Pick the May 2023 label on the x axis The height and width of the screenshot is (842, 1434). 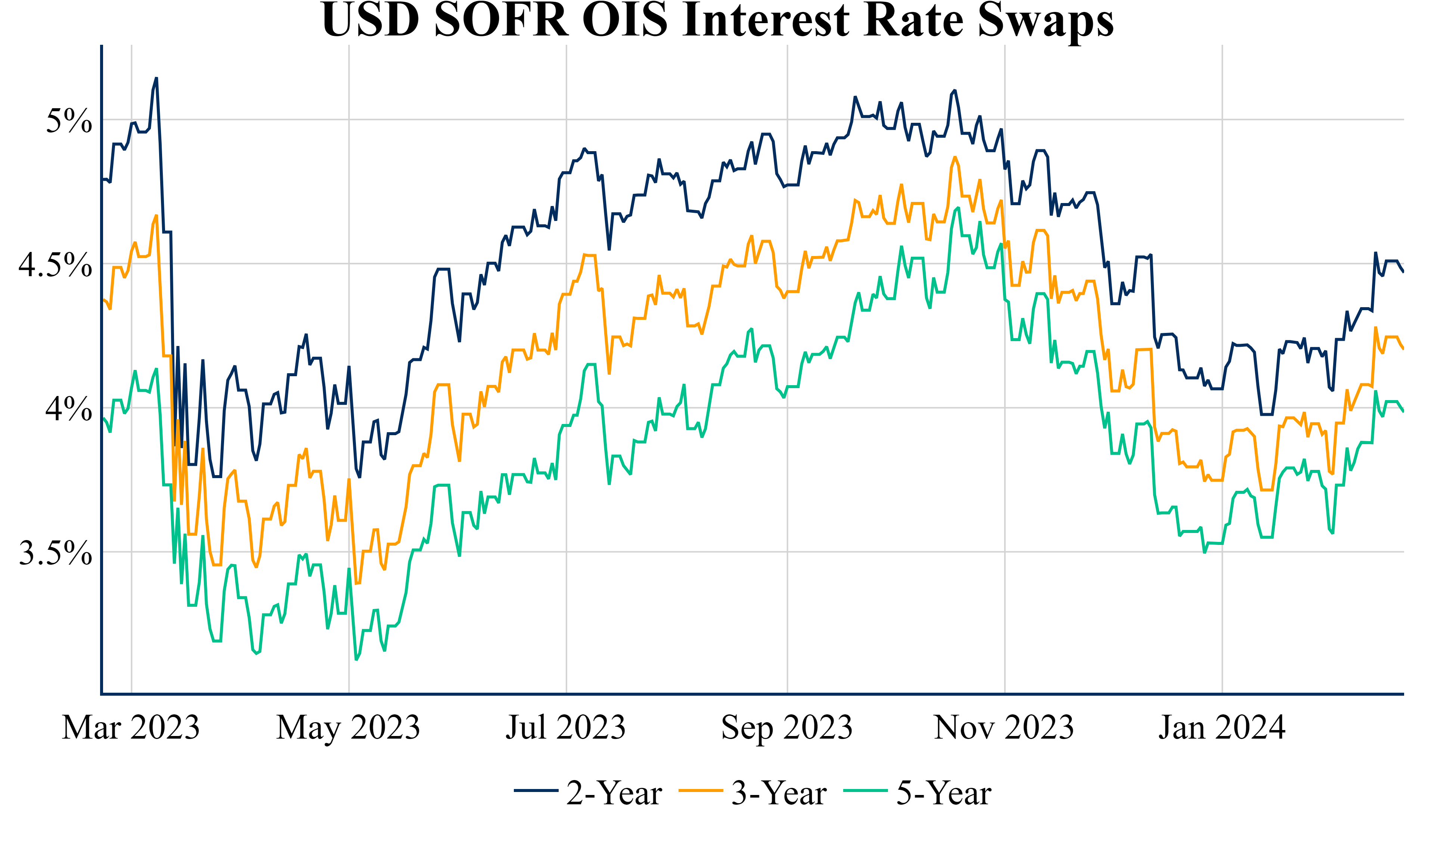coord(348,728)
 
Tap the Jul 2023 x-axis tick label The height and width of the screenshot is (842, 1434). coord(566,728)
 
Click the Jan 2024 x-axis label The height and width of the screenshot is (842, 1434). coord(1222,728)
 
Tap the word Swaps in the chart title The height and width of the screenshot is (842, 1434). coord(1045,20)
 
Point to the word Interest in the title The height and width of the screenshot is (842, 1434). coord(766,20)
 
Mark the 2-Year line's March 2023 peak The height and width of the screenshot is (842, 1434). coord(156,78)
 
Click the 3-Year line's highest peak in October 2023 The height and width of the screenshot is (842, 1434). coord(955,157)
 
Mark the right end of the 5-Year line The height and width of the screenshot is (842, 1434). coord(1403,411)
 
